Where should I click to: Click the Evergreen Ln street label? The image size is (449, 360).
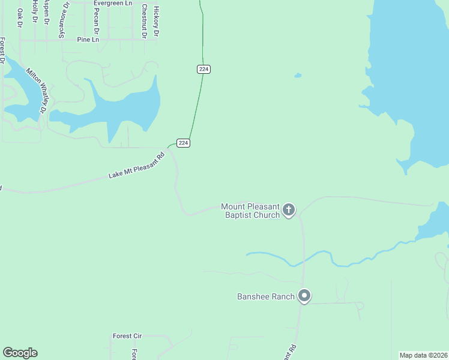pyautogui.click(x=113, y=3)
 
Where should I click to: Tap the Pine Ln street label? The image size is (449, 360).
pyautogui.click(x=88, y=40)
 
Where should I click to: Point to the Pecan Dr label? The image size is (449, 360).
pyautogui.click(x=96, y=21)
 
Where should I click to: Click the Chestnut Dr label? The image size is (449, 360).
pyautogui.click(x=144, y=21)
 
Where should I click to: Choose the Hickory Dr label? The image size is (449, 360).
pyautogui.click(x=156, y=22)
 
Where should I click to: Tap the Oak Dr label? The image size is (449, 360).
pyautogui.click(x=19, y=17)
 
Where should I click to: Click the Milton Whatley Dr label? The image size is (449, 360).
pyautogui.click(x=36, y=90)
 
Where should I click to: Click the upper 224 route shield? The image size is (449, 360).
pyautogui.click(x=203, y=69)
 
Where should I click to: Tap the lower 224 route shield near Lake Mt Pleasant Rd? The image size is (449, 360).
pyautogui.click(x=184, y=143)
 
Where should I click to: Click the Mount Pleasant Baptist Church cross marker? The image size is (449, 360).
pyautogui.click(x=289, y=209)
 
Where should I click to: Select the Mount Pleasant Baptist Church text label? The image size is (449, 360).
pyautogui.click(x=250, y=211)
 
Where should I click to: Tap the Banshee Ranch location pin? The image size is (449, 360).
pyautogui.click(x=304, y=296)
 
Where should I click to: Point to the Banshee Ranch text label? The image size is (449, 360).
pyautogui.click(x=266, y=296)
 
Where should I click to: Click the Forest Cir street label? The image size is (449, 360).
pyautogui.click(x=127, y=336)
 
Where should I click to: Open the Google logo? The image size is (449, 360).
pyautogui.click(x=20, y=353)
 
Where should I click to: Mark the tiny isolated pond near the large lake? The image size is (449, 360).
pyautogui.click(x=297, y=76)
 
